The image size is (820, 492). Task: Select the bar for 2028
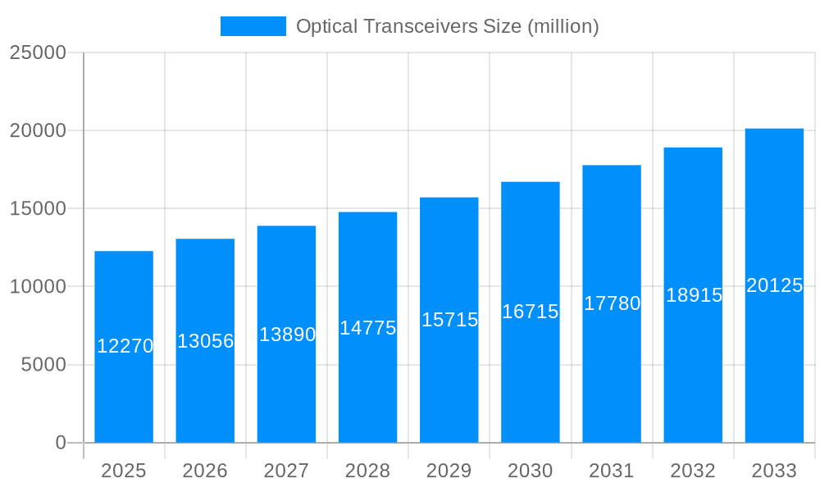point(367,385)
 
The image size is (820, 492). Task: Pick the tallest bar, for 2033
point(774,369)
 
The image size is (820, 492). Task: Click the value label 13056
point(206,341)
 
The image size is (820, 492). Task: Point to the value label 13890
point(287,335)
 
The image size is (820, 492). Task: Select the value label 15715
point(449,320)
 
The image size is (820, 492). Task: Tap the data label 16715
point(531,312)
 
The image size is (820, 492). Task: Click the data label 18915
point(694,295)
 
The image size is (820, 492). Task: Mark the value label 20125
point(774,285)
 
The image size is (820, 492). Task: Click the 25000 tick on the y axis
point(37,52)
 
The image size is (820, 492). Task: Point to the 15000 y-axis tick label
point(37,208)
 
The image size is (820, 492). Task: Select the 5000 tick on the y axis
point(43,365)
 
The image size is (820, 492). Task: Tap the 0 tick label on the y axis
point(60,443)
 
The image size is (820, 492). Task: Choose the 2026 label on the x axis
point(205,471)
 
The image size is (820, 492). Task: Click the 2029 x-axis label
point(449,471)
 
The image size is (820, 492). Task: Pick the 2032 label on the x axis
point(693,471)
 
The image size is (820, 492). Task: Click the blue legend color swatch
point(253,26)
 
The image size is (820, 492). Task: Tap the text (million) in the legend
point(563,26)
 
